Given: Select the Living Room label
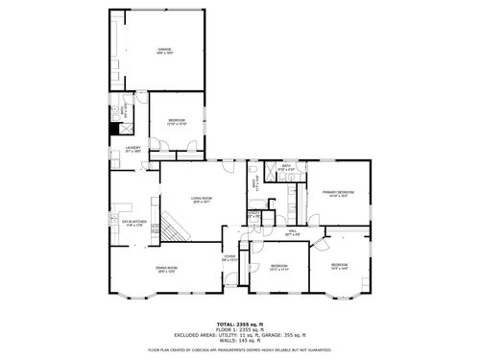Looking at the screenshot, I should [202, 202].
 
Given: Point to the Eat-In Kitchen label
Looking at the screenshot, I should [133, 223].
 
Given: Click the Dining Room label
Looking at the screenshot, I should [169, 270].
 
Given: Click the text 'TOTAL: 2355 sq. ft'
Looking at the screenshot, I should [240, 324].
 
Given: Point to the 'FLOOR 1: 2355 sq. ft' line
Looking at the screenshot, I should [240, 329].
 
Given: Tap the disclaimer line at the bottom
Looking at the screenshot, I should [240, 350].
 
